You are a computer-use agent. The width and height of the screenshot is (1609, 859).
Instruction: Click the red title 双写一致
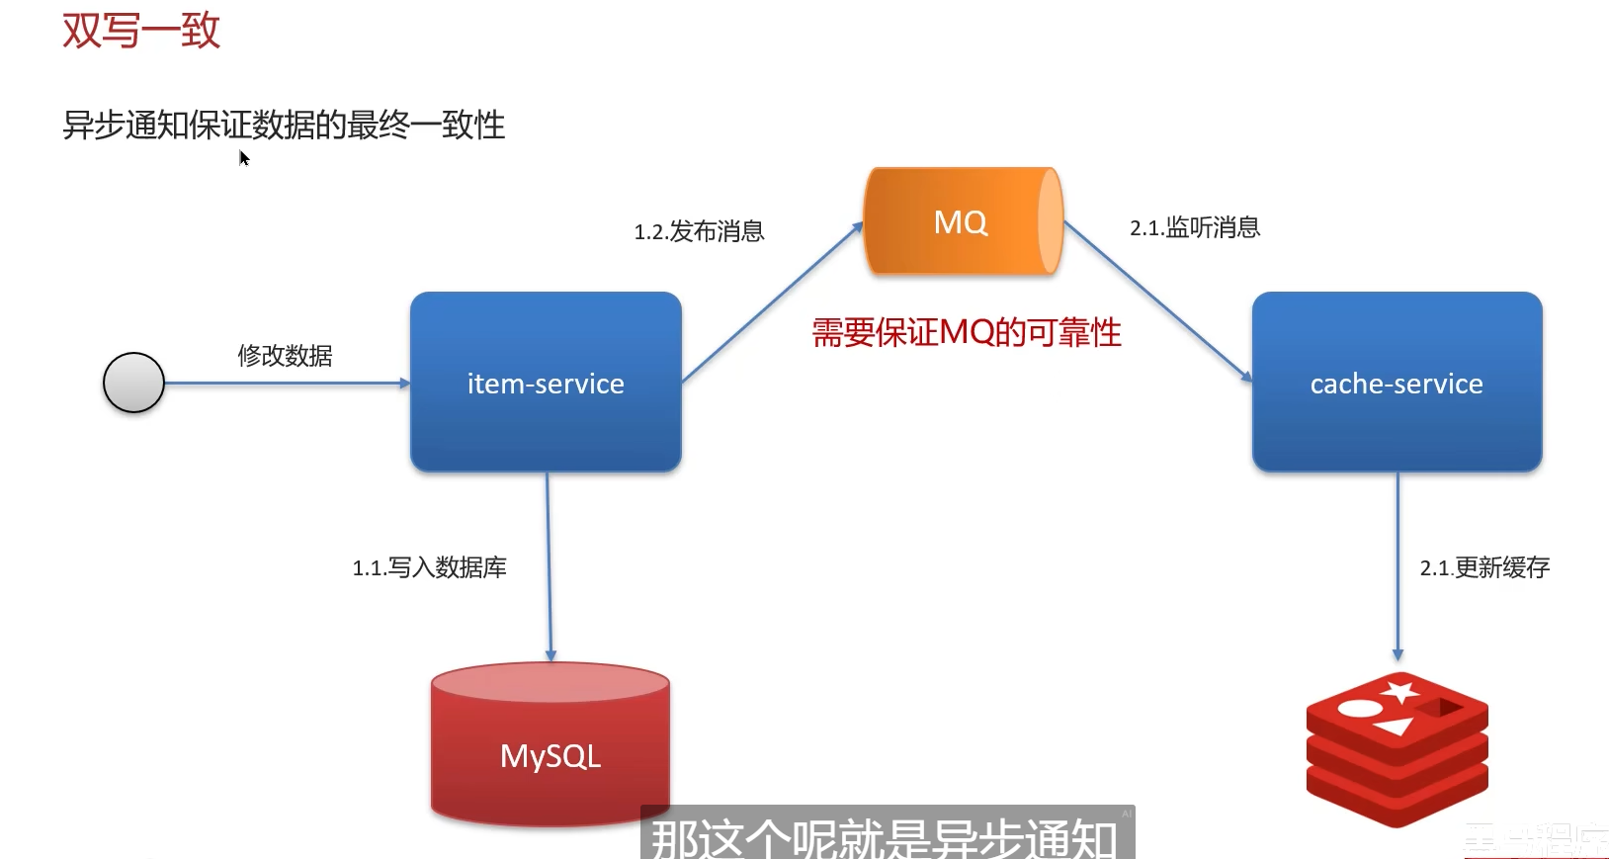point(140,31)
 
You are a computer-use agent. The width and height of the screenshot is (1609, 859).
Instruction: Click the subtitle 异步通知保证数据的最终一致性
point(284,126)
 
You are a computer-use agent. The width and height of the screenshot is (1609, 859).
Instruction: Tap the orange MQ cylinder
point(962,221)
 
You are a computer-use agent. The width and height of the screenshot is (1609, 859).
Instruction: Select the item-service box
point(546,382)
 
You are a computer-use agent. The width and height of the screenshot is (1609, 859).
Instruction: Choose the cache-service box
point(1397,382)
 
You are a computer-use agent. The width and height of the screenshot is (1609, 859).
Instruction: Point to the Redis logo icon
point(1397,747)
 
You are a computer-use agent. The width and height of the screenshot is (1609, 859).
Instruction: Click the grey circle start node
point(133,383)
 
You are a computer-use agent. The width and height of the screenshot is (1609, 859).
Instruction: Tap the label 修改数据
point(285,356)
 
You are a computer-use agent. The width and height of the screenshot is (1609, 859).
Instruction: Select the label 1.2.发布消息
point(699,232)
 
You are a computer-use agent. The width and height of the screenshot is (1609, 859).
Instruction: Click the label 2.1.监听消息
point(1195,228)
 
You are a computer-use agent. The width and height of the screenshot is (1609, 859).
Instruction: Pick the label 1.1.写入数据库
point(429,568)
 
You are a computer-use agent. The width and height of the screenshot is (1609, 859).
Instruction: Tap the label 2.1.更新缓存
point(1484,568)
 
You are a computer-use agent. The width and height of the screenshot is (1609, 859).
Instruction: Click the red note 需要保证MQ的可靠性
point(966,333)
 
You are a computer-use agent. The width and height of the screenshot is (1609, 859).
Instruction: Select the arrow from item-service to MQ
point(772,302)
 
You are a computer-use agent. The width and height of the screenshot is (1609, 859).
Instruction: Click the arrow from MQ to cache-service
point(1157,301)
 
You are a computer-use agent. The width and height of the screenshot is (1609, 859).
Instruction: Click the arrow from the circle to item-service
point(287,383)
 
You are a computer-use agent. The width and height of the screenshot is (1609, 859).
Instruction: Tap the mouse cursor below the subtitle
point(243,158)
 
